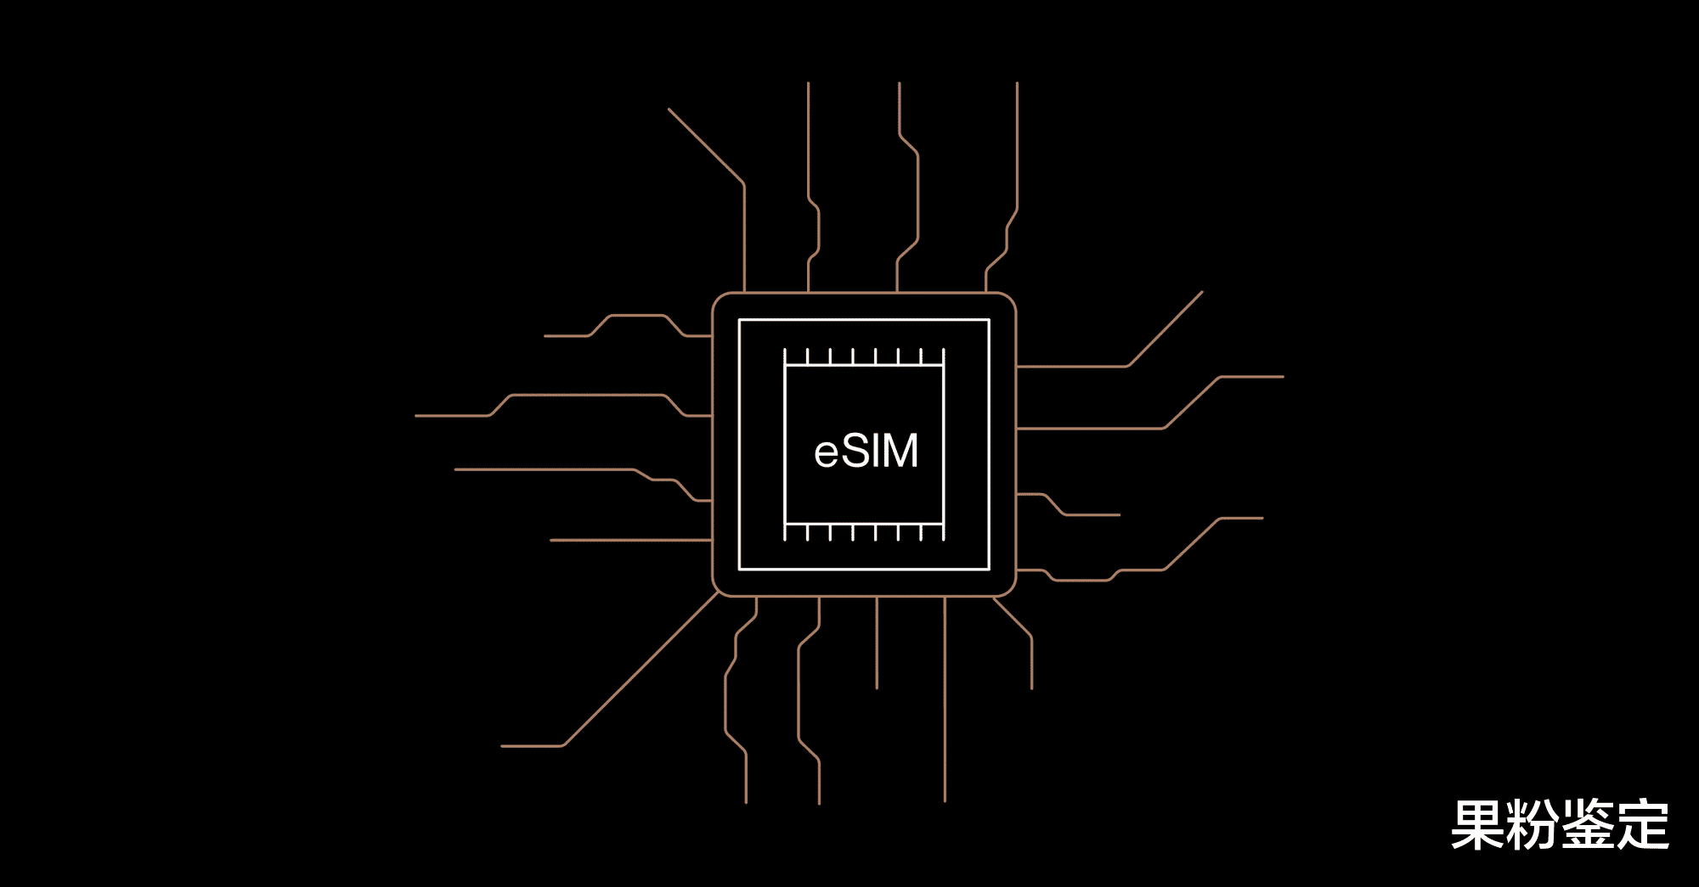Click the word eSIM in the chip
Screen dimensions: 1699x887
[x=866, y=451]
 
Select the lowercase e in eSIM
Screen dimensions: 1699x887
[x=826, y=454]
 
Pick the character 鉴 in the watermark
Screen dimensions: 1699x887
[x=1588, y=825]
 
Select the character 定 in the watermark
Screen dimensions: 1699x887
[x=1642, y=825]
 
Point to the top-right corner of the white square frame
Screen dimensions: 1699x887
[x=989, y=320]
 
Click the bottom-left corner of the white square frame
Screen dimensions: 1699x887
[x=740, y=569]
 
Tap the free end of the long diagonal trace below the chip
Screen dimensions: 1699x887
[x=502, y=746]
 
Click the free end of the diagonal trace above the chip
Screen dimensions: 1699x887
[x=669, y=109]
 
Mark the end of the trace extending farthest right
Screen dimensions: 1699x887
[x=1283, y=377]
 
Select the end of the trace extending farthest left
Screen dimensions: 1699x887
[x=415, y=416]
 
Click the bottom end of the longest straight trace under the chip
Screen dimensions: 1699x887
[x=945, y=800]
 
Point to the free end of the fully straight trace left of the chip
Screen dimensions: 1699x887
[x=550, y=540]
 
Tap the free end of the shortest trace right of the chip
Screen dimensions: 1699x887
[x=1120, y=514]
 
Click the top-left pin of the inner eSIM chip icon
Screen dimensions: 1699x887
[x=785, y=351]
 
